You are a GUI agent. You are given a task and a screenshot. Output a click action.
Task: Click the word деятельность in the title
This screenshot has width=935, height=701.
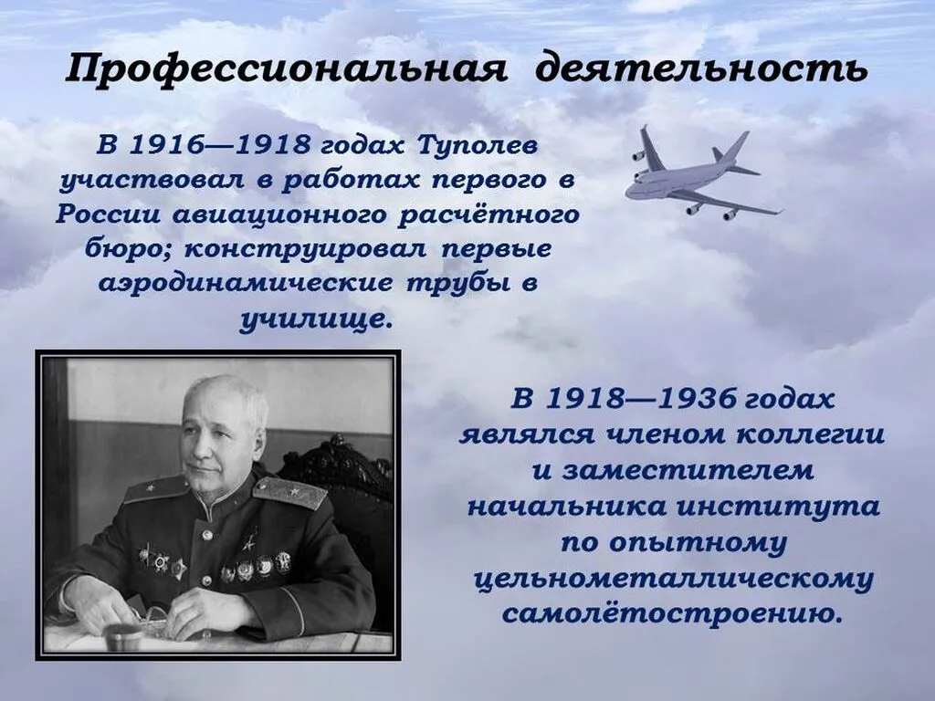pos(700,70)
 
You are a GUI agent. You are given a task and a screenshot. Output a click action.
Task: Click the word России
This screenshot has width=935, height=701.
pos(107,215)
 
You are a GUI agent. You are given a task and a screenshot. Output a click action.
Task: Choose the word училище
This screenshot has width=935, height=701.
pos(316,319)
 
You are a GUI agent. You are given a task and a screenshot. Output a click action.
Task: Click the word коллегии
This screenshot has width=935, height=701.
pos(804,434)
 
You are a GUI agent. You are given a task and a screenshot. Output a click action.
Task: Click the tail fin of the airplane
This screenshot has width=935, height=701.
pos(733,147)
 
